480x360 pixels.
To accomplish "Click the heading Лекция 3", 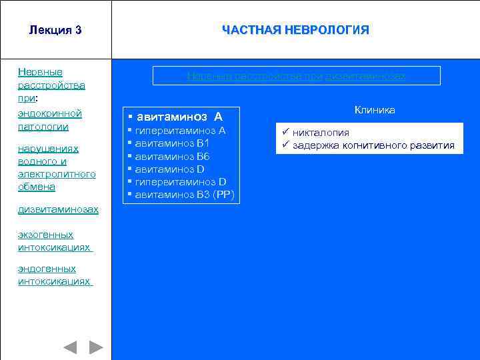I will pyautogui.click(x=55, y=31).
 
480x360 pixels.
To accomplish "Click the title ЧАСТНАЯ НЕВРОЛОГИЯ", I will pyautogui.click(x=295, y=31).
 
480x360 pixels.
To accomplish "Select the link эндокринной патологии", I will pyautogui.click(x=50, y=120).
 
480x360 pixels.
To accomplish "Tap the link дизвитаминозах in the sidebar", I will pyautogui.click(x=58, y=209).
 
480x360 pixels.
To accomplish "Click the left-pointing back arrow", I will pyautogui.click(x=70, y=347).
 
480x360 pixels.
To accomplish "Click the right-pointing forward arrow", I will pyautogui.click(x=96, y=347).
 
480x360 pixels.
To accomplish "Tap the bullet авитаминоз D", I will pyautogui.click(x=169, y=169).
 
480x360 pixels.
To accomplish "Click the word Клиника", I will pyautogui.click(x=375, y=110).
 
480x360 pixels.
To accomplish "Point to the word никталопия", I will pyautogui.click(x=321, y=133).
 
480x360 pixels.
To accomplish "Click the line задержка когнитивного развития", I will pyautogui.click(x=373, y=145).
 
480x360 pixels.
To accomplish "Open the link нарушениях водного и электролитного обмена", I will pyautogui.click(x=57, y=167).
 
